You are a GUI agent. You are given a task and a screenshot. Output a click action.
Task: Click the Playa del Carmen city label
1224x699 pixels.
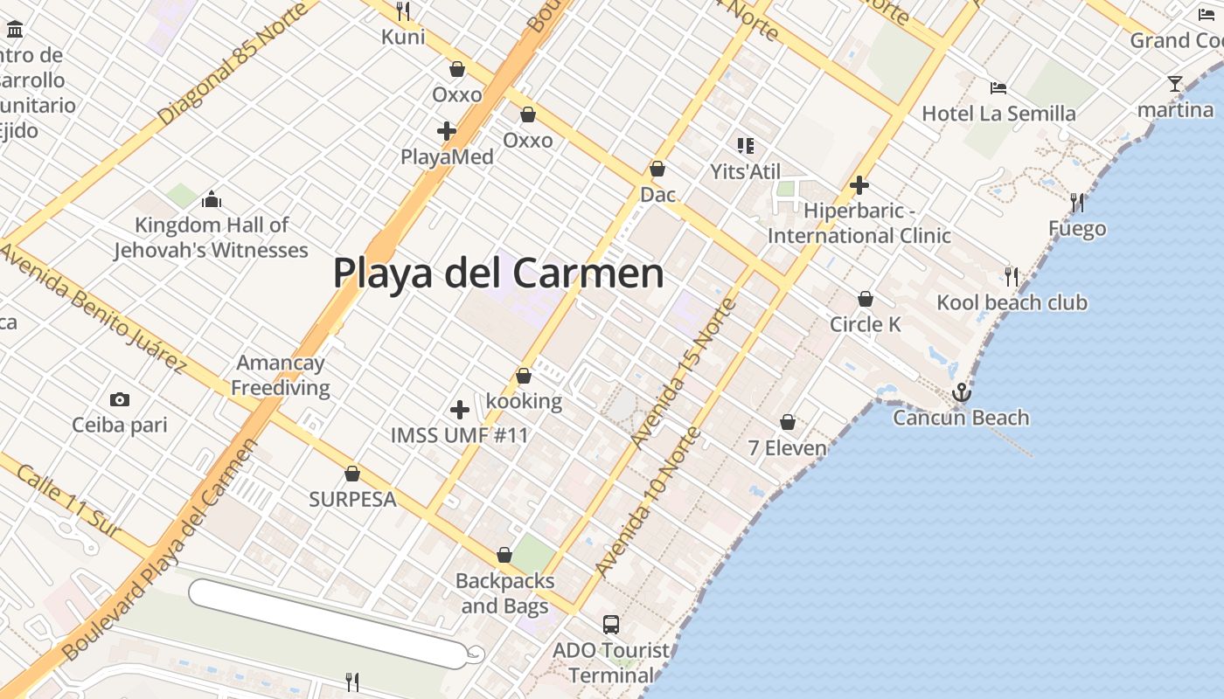coord(498,273)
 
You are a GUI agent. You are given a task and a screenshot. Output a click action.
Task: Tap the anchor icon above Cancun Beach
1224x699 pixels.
coord(961,392)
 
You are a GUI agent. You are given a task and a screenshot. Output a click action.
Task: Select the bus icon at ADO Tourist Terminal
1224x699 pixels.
coord(611,625)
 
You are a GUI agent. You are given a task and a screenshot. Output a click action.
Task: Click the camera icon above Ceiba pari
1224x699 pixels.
coord(120,399)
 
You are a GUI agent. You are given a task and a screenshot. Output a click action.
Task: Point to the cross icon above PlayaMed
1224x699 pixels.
coord(447,131)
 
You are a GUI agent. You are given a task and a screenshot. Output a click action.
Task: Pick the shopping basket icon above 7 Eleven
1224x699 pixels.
coord(788,422)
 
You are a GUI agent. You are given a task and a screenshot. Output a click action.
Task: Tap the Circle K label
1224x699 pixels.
coord(865,324)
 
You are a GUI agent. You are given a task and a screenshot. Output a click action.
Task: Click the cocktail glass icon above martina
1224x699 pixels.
coord(1175,84)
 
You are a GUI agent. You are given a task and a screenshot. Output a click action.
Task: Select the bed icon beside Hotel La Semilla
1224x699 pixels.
coord(998,87)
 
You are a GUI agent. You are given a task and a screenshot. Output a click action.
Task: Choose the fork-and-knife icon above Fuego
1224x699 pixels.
coord(1077,203)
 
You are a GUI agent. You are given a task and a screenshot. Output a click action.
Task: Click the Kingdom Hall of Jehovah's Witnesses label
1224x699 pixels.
coord(211,238)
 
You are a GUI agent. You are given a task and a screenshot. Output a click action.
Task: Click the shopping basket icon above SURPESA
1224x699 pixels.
coord(352,474)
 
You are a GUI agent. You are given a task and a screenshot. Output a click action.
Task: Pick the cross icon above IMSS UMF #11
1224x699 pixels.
coord(459,409)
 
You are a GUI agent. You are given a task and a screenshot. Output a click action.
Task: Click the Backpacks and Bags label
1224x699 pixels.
coord(505,593)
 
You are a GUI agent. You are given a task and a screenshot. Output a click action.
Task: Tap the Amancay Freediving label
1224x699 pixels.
coord(281,375)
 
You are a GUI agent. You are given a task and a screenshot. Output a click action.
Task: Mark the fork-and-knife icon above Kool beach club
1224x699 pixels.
coord(1012,276)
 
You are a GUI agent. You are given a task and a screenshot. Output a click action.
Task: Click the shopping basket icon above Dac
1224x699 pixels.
coord(657,169)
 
